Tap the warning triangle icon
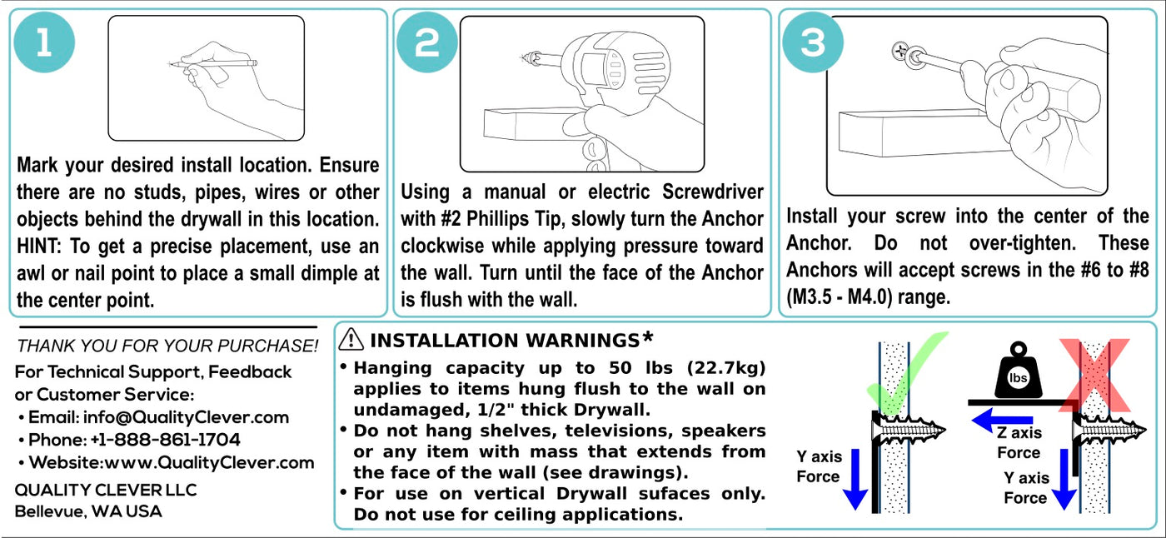pyautogui.click(x=351, y=340)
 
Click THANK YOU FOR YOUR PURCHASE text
pyautogui.click(x=167, y=346)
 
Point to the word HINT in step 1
pyautogui.click(x=38, y=247)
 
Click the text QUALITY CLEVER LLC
pyautogui.click(x=106, y=491)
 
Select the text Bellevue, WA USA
pyautogui.click(x=88, y=511)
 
